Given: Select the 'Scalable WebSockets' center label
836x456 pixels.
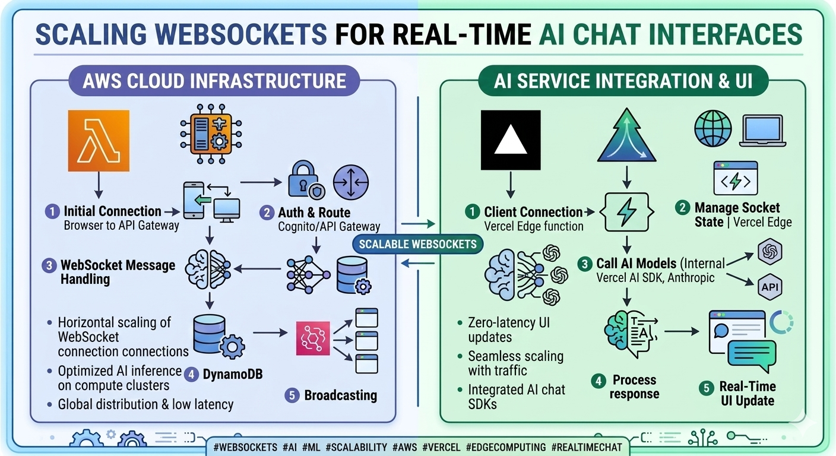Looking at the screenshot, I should point(418,243).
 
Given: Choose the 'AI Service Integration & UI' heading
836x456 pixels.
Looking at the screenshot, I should point(623,80).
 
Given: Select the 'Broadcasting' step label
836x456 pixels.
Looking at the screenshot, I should point(340,395).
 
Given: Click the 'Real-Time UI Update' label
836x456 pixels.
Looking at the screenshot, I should point(747,393).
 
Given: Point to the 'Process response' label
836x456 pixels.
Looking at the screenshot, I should point(634,387).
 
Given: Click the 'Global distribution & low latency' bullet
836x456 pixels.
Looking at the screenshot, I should point(145,404).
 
